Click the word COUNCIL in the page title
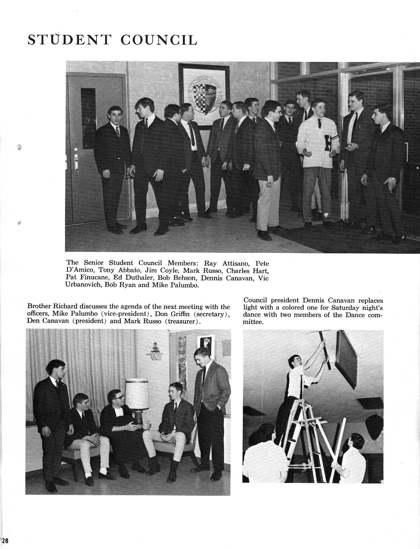click(159, 40)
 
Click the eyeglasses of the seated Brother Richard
click(119, 397)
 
